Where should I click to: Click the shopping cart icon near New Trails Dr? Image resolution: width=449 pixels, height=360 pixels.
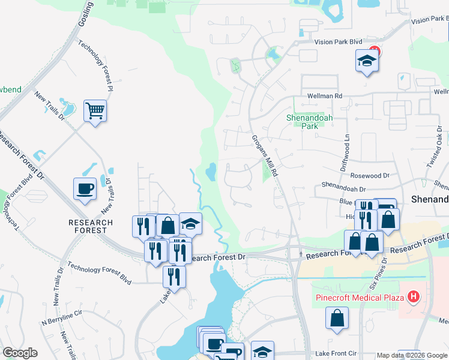pyautogui.click(x=95, y=111)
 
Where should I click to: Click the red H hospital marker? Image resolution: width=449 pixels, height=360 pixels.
pyautogui.click(x=413, y=296)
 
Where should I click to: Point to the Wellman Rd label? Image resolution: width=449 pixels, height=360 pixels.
pyautogui.click(x=325, y=95)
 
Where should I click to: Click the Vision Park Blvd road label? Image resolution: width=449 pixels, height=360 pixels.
pyautogui.click(x=339, y=42)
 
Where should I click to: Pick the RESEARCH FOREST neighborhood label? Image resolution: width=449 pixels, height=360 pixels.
pyautogui.click(x=91, y=226)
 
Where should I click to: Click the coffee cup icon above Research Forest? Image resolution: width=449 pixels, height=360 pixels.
pyautogui.click(x=85, y=189)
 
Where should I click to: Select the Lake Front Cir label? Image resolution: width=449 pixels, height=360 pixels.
pyautogui.click(x=336, y=353)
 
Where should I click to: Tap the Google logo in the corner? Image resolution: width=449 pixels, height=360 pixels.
pyautogui.click(x=20, y=353)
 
